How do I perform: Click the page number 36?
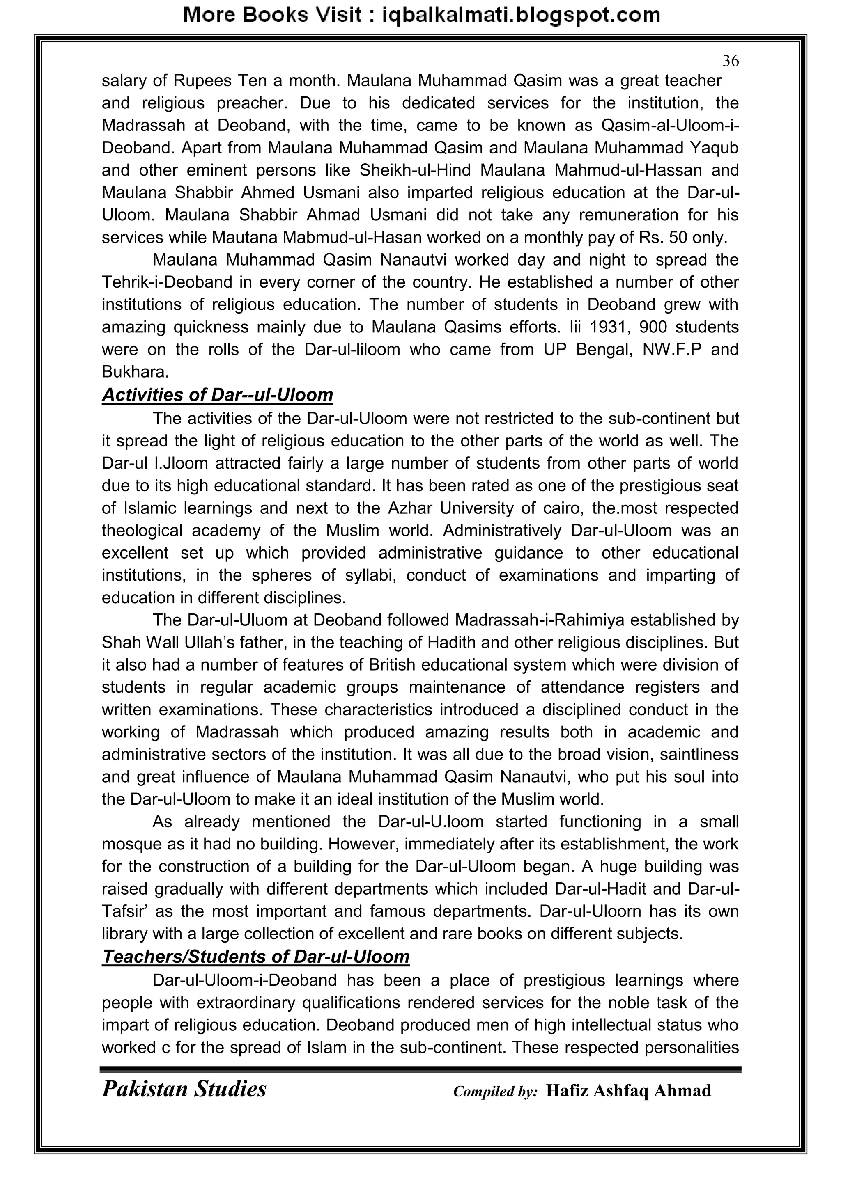tap(731, 61)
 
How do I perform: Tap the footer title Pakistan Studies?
tap(184, 1089)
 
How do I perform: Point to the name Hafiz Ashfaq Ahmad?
tap(628, 1091)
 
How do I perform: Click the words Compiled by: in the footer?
tap(495, 1091)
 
